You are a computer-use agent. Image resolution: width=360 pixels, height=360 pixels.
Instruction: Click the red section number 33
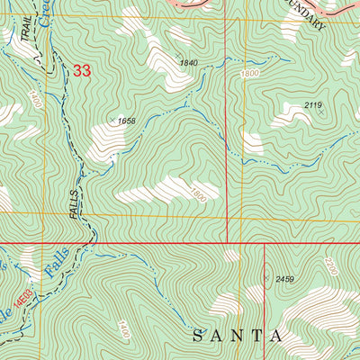(82, 70)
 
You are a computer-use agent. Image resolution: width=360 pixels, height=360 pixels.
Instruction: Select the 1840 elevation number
(188, 63)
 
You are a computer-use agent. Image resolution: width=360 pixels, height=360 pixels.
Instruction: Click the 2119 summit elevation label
(312, 106)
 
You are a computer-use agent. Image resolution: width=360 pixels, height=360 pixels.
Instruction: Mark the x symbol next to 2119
(321, 114)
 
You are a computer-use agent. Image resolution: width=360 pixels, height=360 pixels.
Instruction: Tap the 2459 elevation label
(285, 280)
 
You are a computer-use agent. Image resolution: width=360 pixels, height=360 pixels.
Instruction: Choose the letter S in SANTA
(199, 336)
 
